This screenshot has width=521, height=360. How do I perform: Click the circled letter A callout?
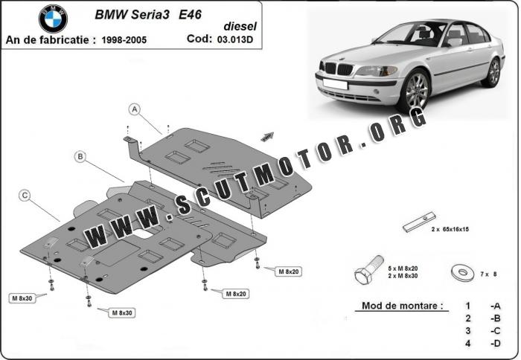pos(135,109)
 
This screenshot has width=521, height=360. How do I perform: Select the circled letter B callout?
pos(80,156)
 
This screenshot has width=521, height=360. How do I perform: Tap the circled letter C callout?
pos(25,196)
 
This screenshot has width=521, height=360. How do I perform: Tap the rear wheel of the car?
pos(492,71)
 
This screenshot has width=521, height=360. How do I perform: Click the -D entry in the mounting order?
pos(494,343)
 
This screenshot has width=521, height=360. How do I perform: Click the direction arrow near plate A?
pos(267,135)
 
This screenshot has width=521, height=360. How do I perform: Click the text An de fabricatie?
pos(48,39)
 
